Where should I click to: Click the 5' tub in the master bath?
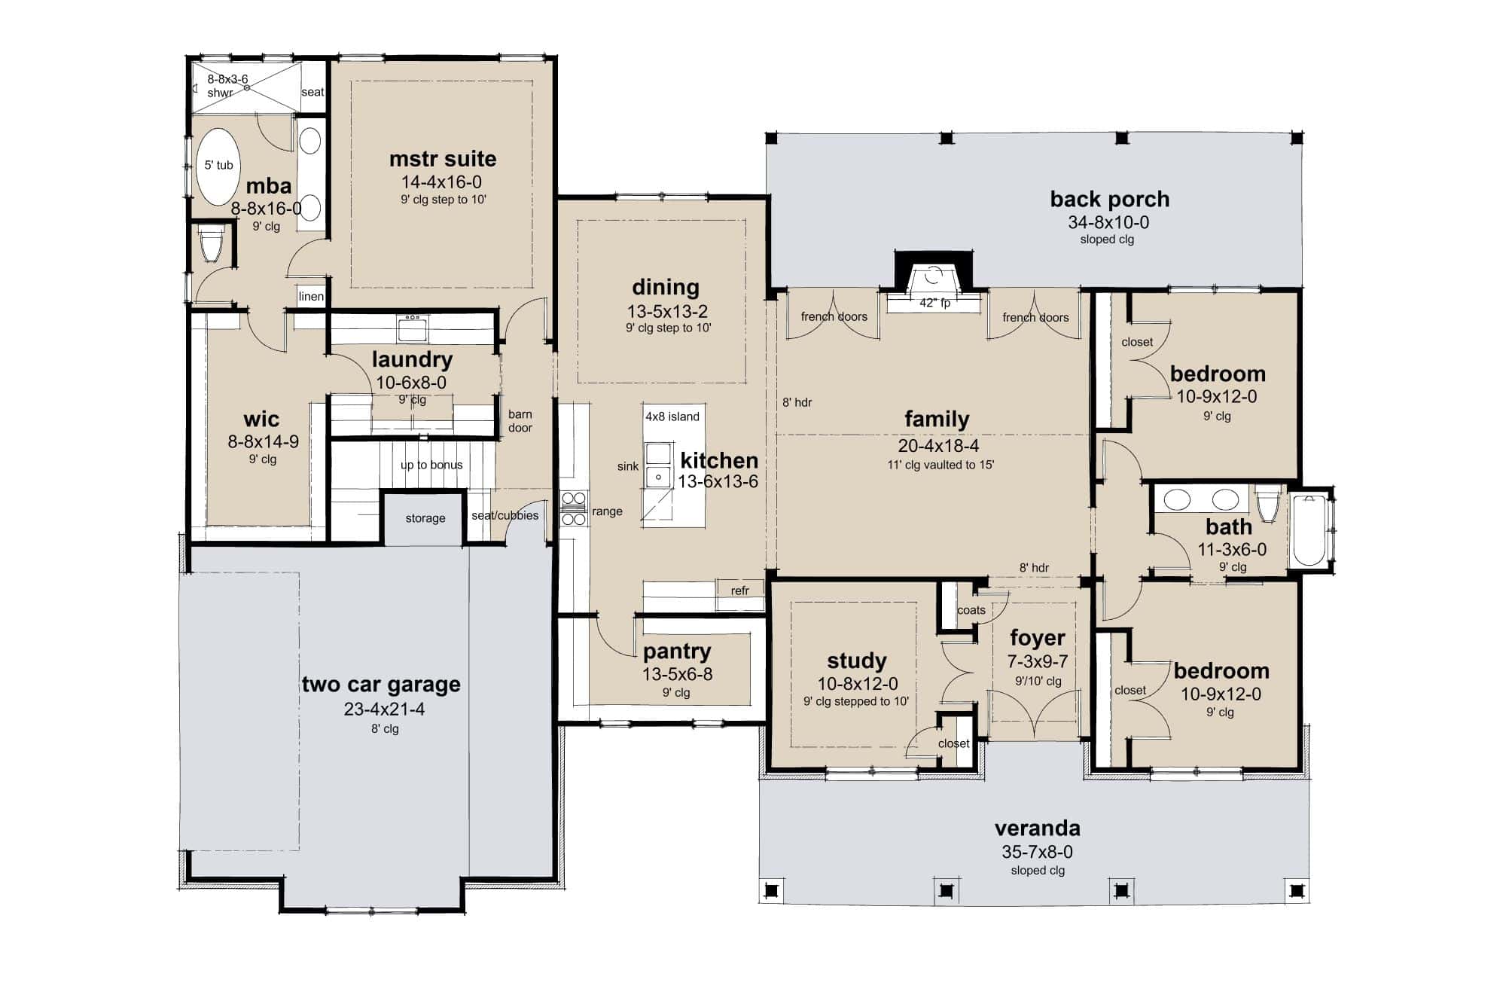(x=218, y=166)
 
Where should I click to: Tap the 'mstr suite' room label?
(x=443, y=159)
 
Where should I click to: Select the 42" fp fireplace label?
(x=934, y=303)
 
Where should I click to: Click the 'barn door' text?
(x=520, y=421)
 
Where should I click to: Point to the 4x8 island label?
(x=672, y=417)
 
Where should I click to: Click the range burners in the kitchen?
(x=574, y=508)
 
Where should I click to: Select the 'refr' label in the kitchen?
(x=739, y=590)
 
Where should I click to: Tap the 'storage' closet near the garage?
(x=425, y=518)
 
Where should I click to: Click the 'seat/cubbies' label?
(x=505, y=516)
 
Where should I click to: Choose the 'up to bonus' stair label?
(x=431, y=465)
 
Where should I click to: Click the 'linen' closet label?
(x=310, y=296)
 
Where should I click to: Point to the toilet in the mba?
(x=211, y=243)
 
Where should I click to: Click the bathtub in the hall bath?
(x=1309, y=530)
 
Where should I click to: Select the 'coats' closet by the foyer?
(x=971, y=610)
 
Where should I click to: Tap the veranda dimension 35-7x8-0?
(x=1037, y=852)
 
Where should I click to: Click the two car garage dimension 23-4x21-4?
(x=384, y=709)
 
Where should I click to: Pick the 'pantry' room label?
(x=676, y=651)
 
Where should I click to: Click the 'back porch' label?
(x=1109, y=199)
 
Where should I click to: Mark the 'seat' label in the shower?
(x=312, y=92)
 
